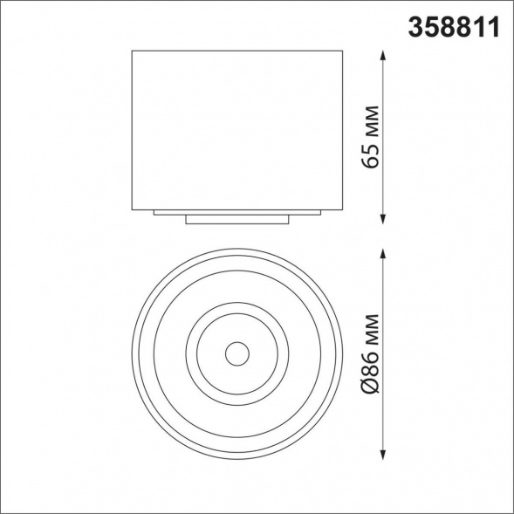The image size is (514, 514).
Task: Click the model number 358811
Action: (454, 27)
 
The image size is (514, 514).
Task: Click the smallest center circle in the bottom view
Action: (236, 353)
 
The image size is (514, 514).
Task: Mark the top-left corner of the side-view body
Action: (132, 51)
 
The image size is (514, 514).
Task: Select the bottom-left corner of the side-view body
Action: (132, 209)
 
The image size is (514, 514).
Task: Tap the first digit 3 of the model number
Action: (417, 27)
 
